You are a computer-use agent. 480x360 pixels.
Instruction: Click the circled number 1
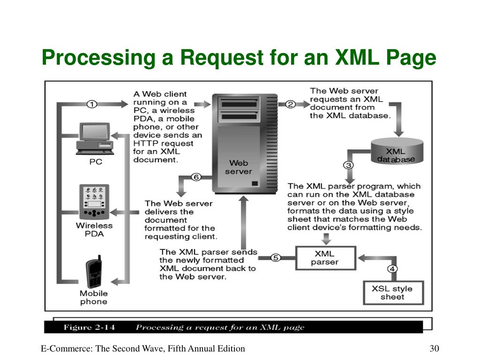[92, 105]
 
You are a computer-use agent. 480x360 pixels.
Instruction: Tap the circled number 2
[290, 105]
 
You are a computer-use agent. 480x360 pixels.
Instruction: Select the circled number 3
[348, 165]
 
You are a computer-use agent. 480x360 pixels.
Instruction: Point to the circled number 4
[392, 269]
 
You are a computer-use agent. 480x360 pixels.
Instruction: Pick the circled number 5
[276, 258]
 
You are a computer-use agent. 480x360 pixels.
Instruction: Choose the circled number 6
[196, 177]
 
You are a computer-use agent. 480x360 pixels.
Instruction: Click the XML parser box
[326, 258]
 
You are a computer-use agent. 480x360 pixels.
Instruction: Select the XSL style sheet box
[393, 292]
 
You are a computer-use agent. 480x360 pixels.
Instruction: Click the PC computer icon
[95, 139]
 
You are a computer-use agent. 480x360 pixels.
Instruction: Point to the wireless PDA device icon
[94, 202]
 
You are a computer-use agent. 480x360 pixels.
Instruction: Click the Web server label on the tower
[239, 167]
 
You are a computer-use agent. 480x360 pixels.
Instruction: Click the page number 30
[434, 348]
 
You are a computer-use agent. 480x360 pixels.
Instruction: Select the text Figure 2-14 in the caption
[90, 327]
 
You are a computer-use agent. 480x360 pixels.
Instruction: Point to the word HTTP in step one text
[146, 143]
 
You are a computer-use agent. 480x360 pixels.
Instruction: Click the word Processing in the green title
[98, 58]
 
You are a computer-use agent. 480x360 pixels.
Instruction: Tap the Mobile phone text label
[94, 298]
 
